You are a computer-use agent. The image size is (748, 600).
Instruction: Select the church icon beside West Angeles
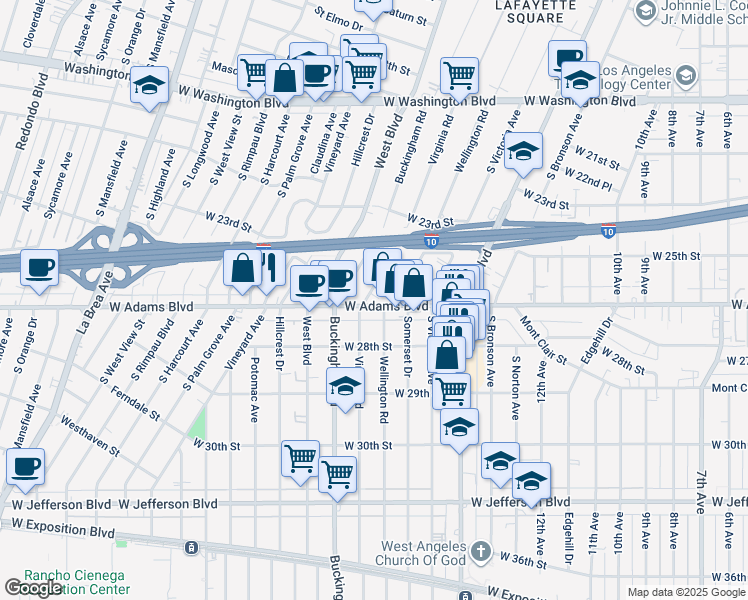(480, 551)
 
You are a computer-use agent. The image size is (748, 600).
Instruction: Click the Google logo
(33, 588)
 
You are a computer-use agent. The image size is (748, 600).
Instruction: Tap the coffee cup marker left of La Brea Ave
(39, 267)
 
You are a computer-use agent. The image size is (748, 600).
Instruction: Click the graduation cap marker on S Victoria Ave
(522, 151)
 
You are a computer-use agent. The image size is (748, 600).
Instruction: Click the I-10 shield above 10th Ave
(608, 230)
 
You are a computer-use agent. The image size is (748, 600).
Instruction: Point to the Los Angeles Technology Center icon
(686, 76)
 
